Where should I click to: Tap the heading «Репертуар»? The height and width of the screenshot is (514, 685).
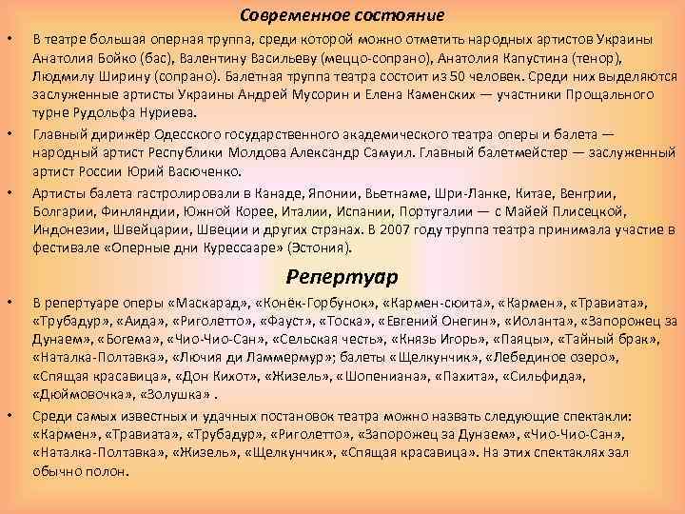click(x=342, y=276)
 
